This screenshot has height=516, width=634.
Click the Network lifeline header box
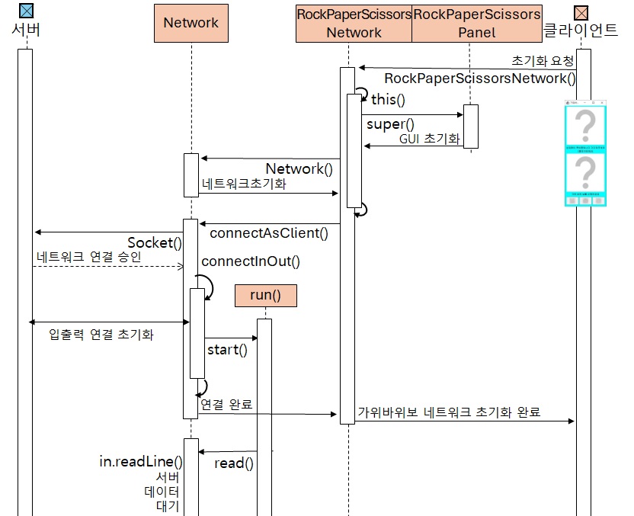[191, 23]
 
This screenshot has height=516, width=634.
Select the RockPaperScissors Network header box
[354, 23]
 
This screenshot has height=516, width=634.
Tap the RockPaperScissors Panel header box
[476, 23]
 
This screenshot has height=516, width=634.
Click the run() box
[265, 296]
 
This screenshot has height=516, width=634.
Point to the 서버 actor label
[27, 30]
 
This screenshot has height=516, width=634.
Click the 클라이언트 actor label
[581, 30]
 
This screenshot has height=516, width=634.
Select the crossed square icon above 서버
[26, 11]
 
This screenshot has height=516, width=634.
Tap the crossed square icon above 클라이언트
[581, 11]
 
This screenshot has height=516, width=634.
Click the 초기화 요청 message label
[542, 60]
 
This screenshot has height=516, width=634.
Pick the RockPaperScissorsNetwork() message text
[480, 79]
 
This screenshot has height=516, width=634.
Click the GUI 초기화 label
[430, 139]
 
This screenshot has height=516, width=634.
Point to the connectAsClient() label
[274, 233]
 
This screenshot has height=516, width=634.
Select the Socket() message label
[155, 243]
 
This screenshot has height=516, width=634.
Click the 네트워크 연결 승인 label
[88, 257]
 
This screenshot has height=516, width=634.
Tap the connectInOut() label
[251, 261]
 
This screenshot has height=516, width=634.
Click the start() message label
[227, 350]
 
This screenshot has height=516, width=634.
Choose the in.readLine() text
[141, 462]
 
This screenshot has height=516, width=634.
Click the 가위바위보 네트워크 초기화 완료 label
[449, 412]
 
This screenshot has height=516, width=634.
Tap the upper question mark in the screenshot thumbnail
[585, 124]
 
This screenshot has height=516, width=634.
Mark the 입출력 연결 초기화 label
[101, 335]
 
